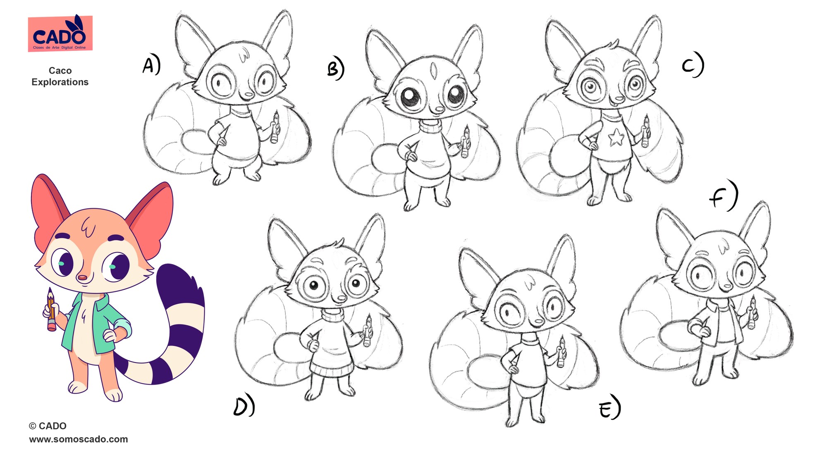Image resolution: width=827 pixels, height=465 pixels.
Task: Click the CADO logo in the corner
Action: [60, 33]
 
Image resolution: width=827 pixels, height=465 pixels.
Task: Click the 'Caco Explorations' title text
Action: [60, 76]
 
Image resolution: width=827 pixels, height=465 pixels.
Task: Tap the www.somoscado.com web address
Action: [79, 439]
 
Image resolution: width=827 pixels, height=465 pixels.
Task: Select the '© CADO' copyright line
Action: [48, 426]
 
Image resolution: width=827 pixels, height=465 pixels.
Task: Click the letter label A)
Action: [151, 65]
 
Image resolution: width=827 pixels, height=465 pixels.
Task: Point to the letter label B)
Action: [335, 69]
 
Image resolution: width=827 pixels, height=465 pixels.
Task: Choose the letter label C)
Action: [693, 64]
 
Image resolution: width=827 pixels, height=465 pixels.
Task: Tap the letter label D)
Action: [244, 406]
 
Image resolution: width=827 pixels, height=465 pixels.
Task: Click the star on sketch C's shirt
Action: [616, 137]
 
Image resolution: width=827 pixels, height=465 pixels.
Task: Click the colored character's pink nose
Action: [83, 277]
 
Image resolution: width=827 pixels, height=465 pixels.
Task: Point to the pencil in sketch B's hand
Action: [466, 141]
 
